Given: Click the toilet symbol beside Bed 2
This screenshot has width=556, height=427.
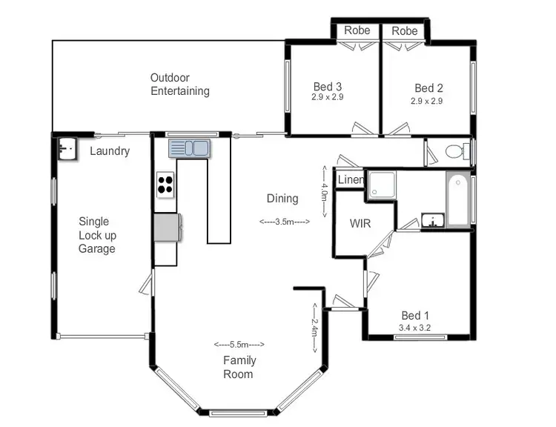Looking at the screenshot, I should (454, 152).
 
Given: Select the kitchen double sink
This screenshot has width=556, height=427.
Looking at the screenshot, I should (189, 148).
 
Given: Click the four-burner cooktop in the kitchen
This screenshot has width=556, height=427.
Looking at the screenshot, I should (165, 184).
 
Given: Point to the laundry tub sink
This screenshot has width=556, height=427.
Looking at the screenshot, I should (66, 148).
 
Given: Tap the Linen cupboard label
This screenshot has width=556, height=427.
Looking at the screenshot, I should (351, 180).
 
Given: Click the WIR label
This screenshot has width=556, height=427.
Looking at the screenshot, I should (360, 223).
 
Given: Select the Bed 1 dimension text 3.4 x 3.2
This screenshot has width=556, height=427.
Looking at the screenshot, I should (416, 327).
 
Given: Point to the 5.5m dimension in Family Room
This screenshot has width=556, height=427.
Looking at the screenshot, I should (239, 345).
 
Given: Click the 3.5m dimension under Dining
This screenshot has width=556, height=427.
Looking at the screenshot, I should (284, 222).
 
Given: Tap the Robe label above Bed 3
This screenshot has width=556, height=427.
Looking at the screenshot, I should (358, 31).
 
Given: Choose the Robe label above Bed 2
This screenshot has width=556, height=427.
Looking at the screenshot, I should (405, 31).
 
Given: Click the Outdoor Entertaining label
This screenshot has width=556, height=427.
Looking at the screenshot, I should (179, 85).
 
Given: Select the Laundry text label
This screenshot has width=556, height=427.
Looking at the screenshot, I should (110, 151).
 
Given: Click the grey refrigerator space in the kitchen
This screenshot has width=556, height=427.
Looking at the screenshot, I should (167, 227).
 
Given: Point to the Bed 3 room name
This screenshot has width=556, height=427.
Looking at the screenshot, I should (327, 87).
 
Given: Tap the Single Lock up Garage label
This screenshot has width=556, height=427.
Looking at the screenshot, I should (97, 235).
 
